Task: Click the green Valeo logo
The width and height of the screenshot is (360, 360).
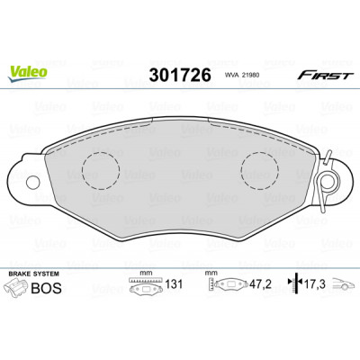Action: coord(27,74)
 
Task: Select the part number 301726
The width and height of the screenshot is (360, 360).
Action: coord(180,75)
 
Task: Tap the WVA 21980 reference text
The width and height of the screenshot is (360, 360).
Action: coord(242,76)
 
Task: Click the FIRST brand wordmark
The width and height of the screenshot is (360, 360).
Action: coord(325,76)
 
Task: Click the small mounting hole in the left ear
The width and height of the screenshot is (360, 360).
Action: coord(33,182)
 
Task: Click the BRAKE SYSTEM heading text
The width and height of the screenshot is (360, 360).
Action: coord(34,274)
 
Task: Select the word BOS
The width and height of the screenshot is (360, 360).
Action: coord(47,288)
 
